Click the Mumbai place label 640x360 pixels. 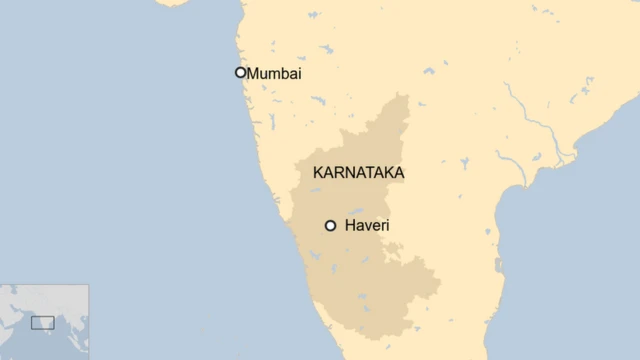tap(274, 73)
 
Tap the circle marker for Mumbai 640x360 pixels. tap(240, 72)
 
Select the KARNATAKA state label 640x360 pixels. tap(358, 173)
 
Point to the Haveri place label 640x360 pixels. tap(366, 226)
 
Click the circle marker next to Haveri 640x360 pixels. tap(330, 226)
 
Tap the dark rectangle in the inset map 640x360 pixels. tap(42, 322)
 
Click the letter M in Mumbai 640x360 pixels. tap(253, 73)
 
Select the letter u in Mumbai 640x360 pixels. tap(264, 74)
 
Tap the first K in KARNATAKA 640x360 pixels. tap(318, 173)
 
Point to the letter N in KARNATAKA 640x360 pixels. tap(351, 173)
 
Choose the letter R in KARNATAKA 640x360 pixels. tap(340, 173)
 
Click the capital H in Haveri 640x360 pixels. tap(350, 226)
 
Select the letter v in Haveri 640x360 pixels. tap(368, 227)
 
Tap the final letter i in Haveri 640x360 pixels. tap(387, 226)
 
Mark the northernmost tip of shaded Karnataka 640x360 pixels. tap(405, 95)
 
